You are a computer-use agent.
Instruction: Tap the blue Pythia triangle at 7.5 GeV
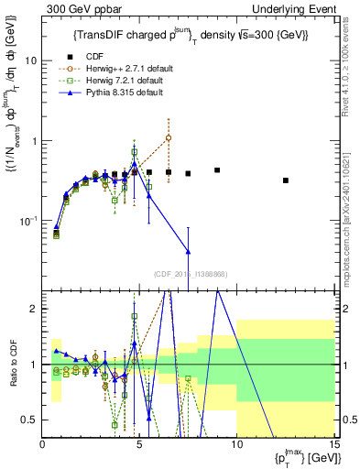188,251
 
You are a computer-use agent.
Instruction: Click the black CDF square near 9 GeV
217,170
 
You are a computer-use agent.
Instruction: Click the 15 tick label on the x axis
333,444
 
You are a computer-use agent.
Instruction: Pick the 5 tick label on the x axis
139,444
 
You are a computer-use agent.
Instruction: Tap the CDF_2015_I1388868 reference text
188,274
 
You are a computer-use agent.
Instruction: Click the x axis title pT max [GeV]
303,458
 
